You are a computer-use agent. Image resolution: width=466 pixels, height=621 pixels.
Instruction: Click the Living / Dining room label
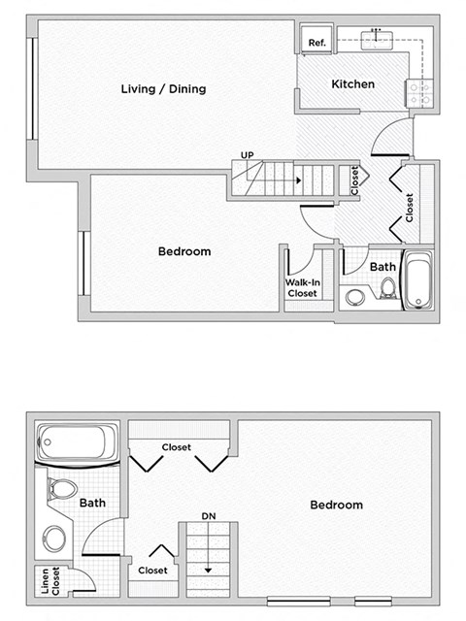pyautogui.click(x=163, y=89)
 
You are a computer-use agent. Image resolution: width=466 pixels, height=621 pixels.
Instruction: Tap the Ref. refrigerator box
pyautogui.click(x=316, y=43)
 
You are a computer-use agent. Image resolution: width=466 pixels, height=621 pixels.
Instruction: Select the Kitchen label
pyautogui.click(x=352, y=84)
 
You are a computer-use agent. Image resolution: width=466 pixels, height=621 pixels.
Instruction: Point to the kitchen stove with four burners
pyautogui.click(x=419, y=93)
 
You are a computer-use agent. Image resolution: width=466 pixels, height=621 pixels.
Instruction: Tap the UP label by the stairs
pyautogui.click(x=249, y=154)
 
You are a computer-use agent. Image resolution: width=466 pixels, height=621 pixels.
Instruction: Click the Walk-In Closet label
pyautogui.click(x=301, y=288)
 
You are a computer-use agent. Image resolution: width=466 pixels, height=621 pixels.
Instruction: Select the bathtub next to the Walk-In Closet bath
pyautogui.click(x=418, y=281)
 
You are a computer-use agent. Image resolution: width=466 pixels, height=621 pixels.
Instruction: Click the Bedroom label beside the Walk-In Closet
pyautogui.click(x=184, y=251)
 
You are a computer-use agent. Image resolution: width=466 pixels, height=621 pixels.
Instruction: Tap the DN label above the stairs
pyautogui.click(x=208, y=515)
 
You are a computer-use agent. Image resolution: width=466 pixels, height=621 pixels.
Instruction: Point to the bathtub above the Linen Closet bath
pyautogui.click(x=77, y=445)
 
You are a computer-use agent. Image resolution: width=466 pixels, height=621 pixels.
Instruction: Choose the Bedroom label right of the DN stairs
pyautogui.click(x=336, y=505)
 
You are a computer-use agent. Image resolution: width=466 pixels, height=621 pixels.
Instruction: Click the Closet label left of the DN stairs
pyautogui.click(x=153, y=571)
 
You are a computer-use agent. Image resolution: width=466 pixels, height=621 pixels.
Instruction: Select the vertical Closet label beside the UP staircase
pyautogui.click(x=355, y=180)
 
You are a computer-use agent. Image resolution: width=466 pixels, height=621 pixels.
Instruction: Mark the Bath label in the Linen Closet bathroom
pyautogui.click(x=93, y=503)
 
